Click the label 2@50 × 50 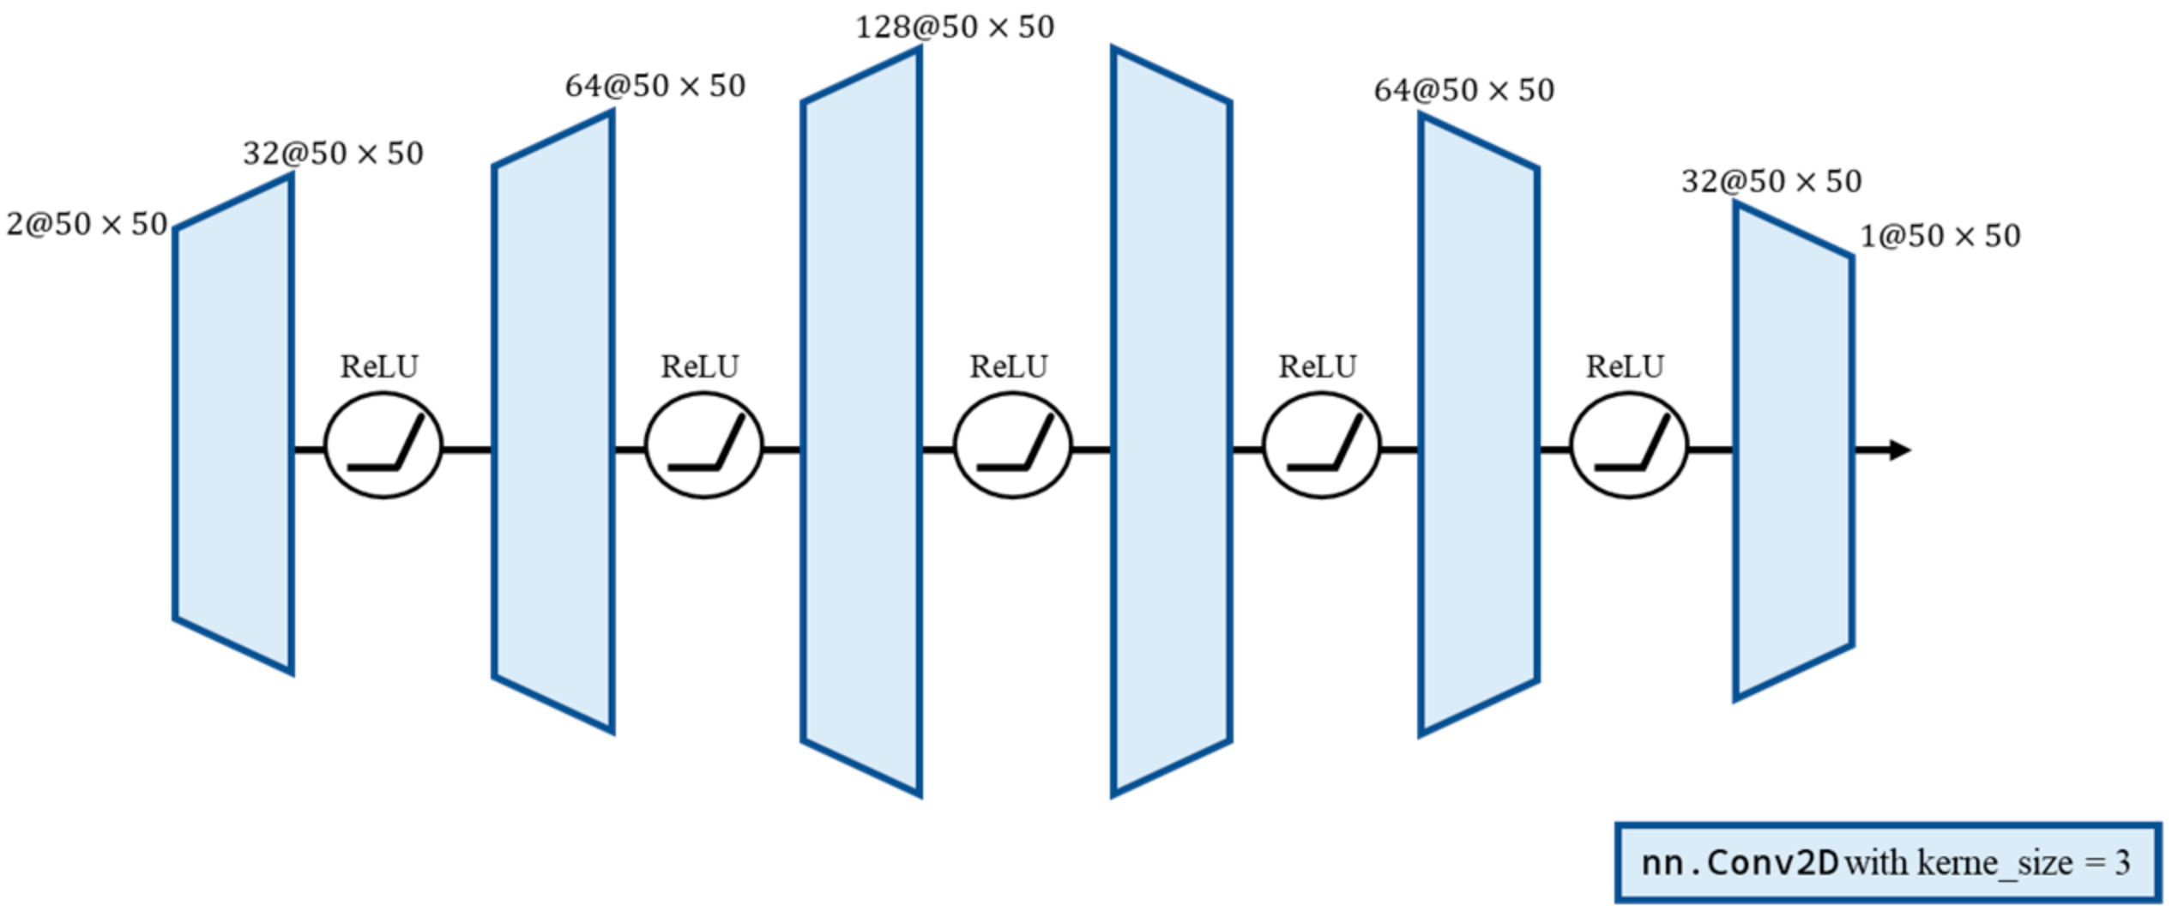(x=87, y=225)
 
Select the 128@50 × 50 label (x=955, y=27)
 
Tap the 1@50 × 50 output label (x=1940, y=236)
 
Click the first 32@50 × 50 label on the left (x=333, y=154)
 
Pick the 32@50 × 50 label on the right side (x=1771, y=182)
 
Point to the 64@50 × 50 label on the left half (x=655, y=86)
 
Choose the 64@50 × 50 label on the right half (x=1464, y=90)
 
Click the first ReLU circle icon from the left (x=383, y=445)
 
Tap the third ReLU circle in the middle (x=1013, y=445)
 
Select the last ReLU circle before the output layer (x=1629, y=445)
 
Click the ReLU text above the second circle (x=700, y=367)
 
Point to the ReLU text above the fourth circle (x=1318, y=367)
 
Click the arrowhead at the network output (x=1900, y=450)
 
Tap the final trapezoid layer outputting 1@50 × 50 (x=1794, y=451)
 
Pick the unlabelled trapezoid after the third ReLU (x=1172, y=422)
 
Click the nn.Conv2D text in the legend (x=1740, y=863)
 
